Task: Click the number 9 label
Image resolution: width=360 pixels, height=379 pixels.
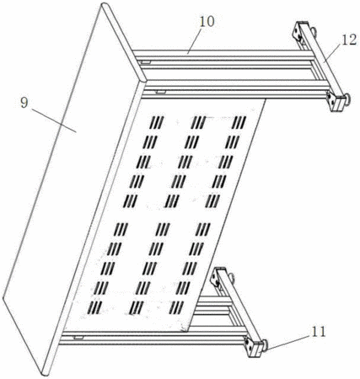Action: [24, 103]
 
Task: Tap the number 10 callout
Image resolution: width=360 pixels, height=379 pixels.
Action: [207, 22]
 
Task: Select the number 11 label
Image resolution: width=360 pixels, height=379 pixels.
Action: [318, 332]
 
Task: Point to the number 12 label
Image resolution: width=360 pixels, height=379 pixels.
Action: [349, 40]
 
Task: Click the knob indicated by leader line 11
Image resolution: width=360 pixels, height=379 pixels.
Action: [264, 344]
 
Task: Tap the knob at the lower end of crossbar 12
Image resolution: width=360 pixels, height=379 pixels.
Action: [348, 100]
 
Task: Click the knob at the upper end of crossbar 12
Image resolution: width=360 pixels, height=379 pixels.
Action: [313, 31]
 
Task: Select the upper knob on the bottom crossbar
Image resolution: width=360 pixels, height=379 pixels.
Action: [232, 278]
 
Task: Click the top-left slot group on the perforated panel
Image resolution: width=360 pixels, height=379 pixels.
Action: [157, 122]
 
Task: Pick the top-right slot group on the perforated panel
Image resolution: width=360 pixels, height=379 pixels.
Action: [239, 122]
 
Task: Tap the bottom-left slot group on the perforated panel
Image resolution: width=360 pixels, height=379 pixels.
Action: [95, 307]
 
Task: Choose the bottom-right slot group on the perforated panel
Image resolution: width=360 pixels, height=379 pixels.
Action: [176, 307]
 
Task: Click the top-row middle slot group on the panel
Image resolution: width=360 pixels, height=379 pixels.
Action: [198, 122]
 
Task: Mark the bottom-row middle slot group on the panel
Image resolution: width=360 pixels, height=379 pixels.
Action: [137, 307]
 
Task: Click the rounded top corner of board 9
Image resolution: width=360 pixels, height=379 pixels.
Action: [105, 5]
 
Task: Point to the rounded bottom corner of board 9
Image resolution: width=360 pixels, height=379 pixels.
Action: [45, 373]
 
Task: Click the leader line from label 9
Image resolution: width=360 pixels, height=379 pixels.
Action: [54, 120]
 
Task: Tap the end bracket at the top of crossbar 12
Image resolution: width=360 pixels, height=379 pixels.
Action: [299, 30]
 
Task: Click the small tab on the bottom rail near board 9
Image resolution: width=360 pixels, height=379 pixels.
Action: [78, 337]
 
